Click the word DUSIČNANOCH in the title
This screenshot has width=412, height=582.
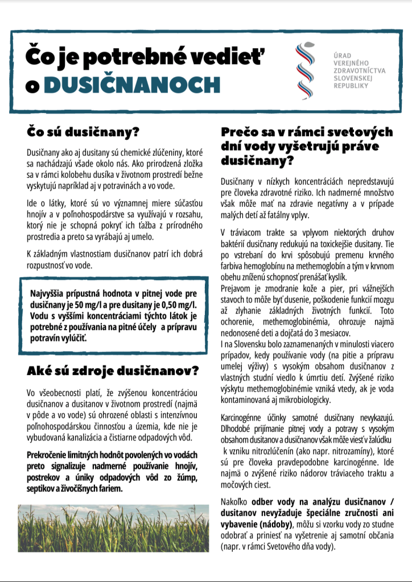(131, 85)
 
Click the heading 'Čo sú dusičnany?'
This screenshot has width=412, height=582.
(83, 132)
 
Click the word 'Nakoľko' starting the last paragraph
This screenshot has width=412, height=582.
(235, 502)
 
